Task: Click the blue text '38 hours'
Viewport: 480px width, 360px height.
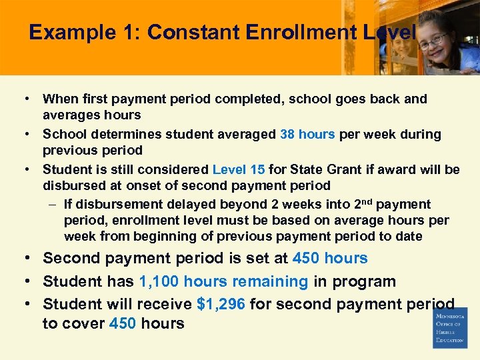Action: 307,134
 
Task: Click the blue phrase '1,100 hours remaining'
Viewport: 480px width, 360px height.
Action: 224,281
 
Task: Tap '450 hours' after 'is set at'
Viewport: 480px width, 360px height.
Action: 331,258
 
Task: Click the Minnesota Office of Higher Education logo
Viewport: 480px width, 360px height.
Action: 450,327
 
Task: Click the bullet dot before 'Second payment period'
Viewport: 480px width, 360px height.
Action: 29,259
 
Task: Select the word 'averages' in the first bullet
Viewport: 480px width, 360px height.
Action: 69,115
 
